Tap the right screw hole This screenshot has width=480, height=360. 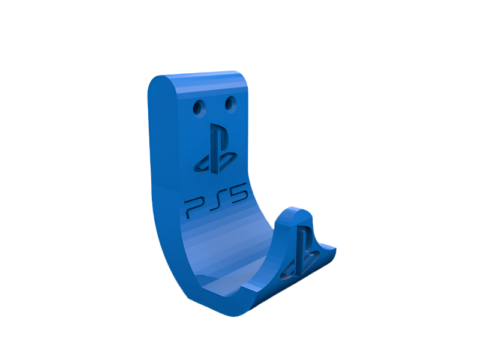[x=230, y=104]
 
